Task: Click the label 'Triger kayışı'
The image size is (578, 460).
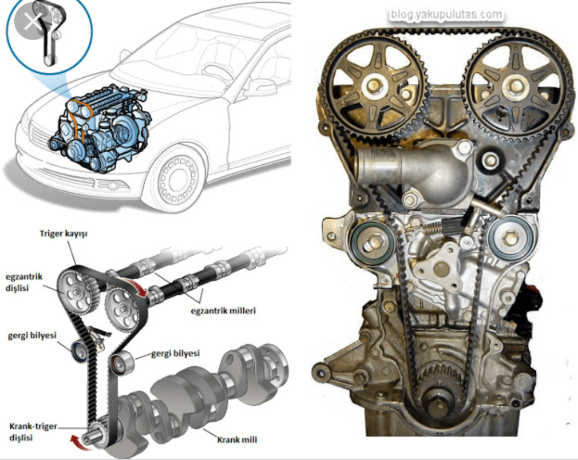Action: pos(64,233)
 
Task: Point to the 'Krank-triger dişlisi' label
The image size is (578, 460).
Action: pos(32,432)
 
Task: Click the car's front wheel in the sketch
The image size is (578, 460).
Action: pos(176,180)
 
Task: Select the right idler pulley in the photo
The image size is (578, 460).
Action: pos(510,239)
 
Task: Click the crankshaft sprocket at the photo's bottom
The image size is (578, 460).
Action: pos(439,383)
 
